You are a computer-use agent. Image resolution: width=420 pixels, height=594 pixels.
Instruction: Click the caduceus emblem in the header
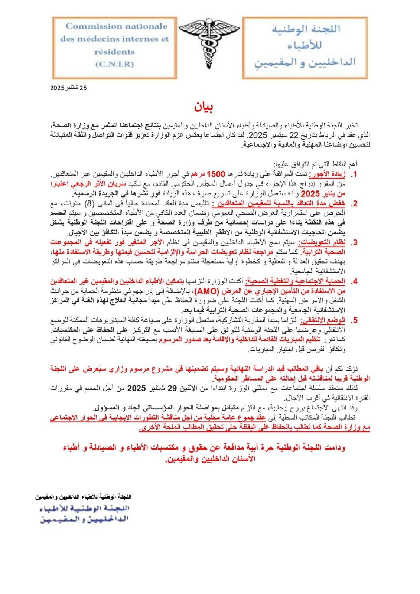pyautogui.click(x=209, y=44)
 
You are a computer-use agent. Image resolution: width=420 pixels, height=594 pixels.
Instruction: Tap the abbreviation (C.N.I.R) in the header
pyautogui.click(x=114, y=64)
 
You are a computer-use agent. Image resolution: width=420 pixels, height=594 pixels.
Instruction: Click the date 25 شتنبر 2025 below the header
pyautogui.click(x=68, y=88)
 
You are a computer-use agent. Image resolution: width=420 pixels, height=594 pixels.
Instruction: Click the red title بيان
pyautogui.click(x=203, y=107)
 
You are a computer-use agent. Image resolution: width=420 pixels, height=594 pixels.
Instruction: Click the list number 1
pyautogui.click(x=354, y=174)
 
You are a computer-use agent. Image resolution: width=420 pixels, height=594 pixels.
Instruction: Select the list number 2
pyautogui.click(x=354, y=204)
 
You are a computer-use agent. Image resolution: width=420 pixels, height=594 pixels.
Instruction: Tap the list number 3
pyautogui.click(x=354, y=243)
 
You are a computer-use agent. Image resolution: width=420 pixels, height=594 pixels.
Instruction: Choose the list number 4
pyautogui.click(x=354, y=282)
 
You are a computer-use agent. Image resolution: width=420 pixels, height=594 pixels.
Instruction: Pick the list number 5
pyautogui.click(x=354, y=320)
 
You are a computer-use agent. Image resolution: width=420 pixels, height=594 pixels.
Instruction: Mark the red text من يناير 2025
pyautogui.click(x=323, y=193)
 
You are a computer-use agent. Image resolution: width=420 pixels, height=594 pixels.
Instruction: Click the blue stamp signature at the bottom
pyautogui.click(x=85, y=514)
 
